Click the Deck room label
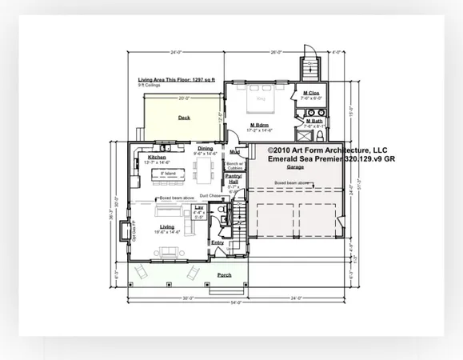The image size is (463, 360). pyautogui.click(x=184, y=118)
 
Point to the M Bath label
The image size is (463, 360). pyautogui.click(x=313, y=121)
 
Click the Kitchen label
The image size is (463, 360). pyautogui.click(x=157, y=158)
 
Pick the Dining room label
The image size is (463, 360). pyautogui.click(x=206, y=148)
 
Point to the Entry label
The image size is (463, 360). pyautogui.click(x=218, y=242)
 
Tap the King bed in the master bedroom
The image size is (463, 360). pyautogui.click(x=261, y=102)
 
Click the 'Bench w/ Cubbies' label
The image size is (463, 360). pyautogui.click(x=235, y=164)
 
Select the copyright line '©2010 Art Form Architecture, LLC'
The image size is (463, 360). pyautogui.click(x=328, y=150)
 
